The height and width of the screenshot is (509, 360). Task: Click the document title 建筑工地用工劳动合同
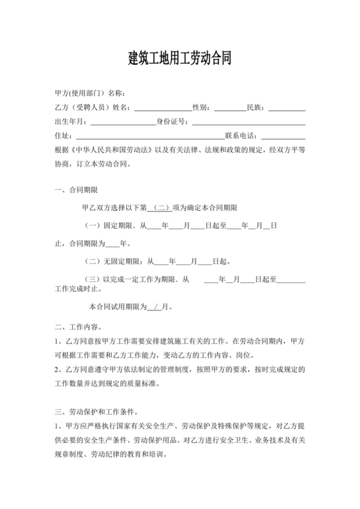tap(179, 58)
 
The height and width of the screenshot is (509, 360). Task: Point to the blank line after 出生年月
tap(122, 121)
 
